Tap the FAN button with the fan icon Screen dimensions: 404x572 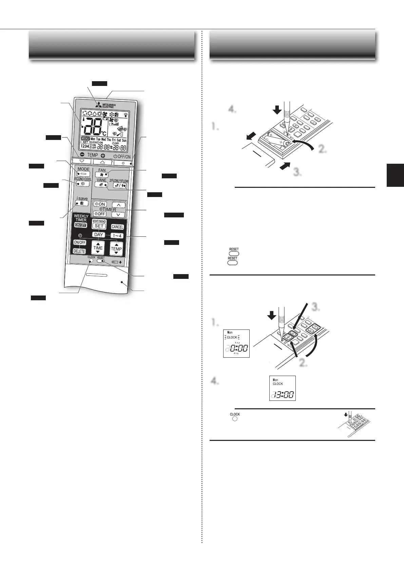(x=101, y=174)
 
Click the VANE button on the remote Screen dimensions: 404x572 (x=101, y=185)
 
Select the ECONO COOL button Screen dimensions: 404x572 (x=82, y=184)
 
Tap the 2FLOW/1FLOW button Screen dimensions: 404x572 (x=119, y=185)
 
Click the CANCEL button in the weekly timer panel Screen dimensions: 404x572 (x=117, y=227)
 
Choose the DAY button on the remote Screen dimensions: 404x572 (x=99, y=235)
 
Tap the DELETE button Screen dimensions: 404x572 (x=79, y=251)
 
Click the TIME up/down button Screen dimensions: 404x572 (x=98, y=248)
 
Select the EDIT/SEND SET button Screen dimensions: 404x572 (x=99, y=226)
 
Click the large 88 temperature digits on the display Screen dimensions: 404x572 (x=93, y=128)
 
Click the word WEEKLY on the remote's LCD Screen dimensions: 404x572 (x=85, y=139)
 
